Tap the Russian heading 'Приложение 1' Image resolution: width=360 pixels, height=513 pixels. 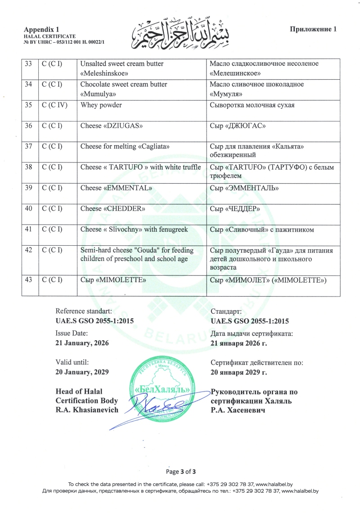(313, 29)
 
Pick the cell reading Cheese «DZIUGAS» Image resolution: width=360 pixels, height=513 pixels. (109, 126)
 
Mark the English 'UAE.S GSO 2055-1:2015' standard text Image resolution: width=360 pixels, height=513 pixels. (94, 321)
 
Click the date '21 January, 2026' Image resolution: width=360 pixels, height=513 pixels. (82, 343)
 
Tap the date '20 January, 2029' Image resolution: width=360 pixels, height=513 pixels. (82, 372)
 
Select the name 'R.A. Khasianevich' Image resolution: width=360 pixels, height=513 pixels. (87, 409)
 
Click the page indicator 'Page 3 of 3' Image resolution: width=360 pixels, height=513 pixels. (180, 472)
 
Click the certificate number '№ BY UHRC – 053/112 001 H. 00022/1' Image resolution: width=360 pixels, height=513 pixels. (67, 42)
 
